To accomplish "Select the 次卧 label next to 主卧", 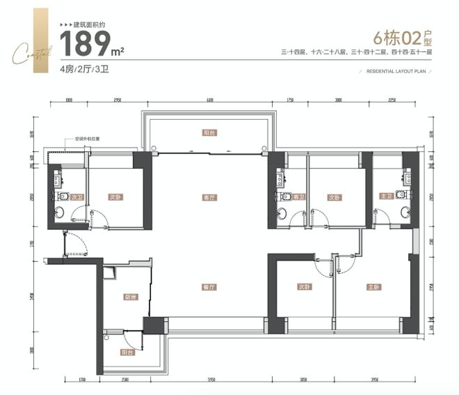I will pyautogui.click(x=303, y=286).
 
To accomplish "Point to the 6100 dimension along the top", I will pyautogui.click(x=209, y=102).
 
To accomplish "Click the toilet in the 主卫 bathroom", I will pyautogui.click(x=401, y=212).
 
